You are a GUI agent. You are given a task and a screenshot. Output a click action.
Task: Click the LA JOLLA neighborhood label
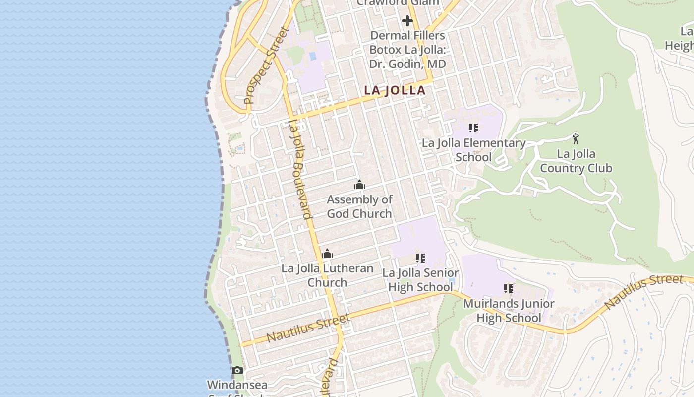click(x=395, y=90)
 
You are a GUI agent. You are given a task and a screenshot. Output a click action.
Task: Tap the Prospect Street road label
click(x=267, y=66)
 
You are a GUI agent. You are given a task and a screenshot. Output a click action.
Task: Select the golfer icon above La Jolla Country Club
click(x=576, y=138)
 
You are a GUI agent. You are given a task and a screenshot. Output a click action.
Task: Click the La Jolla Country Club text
click(x=576, y=161)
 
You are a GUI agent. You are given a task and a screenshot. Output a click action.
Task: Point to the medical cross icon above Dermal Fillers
click(x=407, y=21)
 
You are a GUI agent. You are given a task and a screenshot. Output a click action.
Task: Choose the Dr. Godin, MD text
click(x=407, y=64)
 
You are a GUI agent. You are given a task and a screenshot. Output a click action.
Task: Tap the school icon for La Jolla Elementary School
click(x=473, y=128)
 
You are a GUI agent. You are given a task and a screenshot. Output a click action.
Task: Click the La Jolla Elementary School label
click(x=473, y=150)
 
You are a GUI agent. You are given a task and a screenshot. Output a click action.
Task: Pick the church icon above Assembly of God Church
click(x=359, y=185)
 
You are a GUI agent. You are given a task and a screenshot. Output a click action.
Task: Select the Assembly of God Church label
click(x=359, y=206)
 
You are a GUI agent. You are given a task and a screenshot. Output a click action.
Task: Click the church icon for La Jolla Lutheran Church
click(x=327, y=254)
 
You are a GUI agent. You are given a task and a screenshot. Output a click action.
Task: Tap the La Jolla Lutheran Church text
click(x=327, y=275)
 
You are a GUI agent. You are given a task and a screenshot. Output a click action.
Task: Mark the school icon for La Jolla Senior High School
click(x=420, y=258)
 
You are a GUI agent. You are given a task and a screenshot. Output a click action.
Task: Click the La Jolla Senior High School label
click(x=420, y=280)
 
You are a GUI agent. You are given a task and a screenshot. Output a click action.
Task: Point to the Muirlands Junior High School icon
click(x=509, y=288)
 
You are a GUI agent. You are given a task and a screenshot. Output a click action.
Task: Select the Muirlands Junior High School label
click(x=509, y=310)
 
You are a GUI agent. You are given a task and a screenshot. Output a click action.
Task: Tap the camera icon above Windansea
click(x=237, y=370)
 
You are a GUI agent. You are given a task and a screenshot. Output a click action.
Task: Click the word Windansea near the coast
click(x=237, y=385)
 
